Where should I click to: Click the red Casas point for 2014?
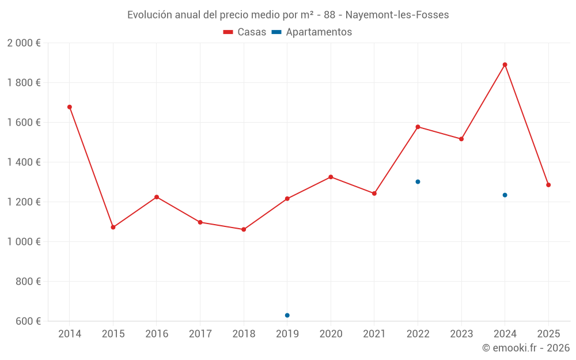coord(70,107)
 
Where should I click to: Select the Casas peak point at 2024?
coord(505,65)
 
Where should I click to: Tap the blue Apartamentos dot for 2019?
coord(287,315)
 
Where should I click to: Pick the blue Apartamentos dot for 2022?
coord(418,181)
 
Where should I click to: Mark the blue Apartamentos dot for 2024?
coord(505,195)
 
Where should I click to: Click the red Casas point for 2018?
coord(244,229)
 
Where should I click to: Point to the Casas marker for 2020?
coord(331,177)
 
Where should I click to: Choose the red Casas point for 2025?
coord(548,185)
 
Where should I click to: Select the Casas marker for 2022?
coord(418,127)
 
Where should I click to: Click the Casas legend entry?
coord(245,32)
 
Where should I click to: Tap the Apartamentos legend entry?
coord(312,32)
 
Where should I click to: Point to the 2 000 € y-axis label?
coord(24,43)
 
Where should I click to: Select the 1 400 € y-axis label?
coord(24,162)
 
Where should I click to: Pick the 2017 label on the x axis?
coord(200,334)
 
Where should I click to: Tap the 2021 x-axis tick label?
coord(374,334)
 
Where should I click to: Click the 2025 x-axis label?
coord(548,334)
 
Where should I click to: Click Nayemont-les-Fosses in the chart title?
coord(397,15)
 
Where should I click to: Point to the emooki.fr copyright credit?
coord(526,348)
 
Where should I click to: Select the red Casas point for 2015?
coord(113,227)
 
